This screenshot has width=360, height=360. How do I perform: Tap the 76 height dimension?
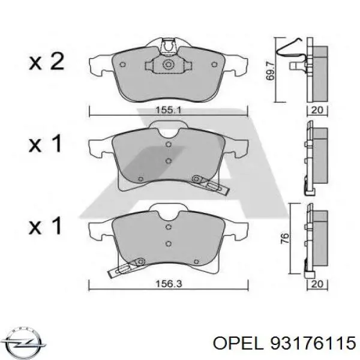(286, 238)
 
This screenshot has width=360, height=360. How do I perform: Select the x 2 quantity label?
(46, 62)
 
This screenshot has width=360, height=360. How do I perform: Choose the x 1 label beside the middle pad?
(46, 144)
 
